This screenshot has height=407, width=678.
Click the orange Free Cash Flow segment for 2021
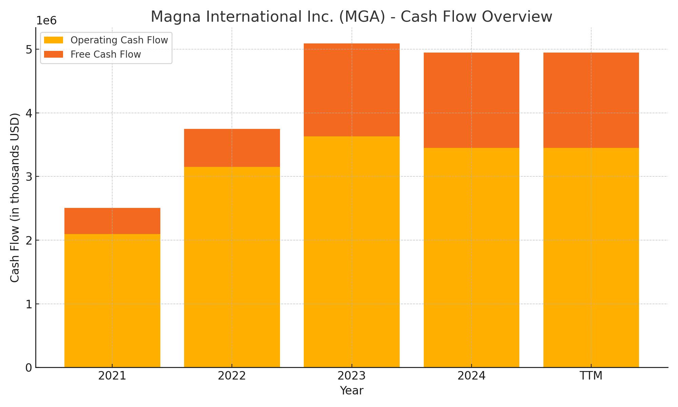pos(112,221)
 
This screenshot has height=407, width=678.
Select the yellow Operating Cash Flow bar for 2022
pos(232,267)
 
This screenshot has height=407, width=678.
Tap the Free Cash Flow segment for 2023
pos(352,90)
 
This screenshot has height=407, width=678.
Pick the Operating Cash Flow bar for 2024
pos(471,257)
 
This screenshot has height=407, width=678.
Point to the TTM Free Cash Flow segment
pos(591,100)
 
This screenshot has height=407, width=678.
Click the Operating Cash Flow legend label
pos(119,40)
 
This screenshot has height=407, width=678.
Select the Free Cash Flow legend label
pos(105,55)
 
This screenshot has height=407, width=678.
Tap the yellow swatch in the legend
pos(54,40)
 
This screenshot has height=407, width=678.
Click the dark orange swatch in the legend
pos(54,55)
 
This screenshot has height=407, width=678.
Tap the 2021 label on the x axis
pos(112,376)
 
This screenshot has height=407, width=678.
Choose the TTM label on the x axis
pos(591,376)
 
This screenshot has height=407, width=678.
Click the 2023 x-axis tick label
pos(352,376)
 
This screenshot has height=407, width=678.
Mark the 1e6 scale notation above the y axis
pos(46,21)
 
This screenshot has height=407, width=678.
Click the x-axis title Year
pos(352,391)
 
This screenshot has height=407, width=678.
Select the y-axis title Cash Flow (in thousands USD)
pos(15,197)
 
